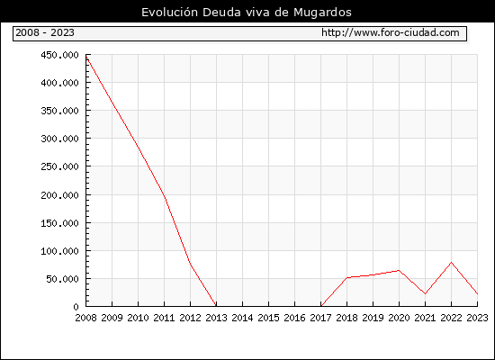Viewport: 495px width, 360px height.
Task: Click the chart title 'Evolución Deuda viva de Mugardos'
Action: click(x=247, y=13)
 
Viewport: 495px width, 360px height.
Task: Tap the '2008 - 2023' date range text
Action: click(x=45, y=32)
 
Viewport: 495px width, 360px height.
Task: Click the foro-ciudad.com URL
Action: click(x=391, y=32)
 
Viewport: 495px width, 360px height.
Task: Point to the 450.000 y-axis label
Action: click(x=59, y=55)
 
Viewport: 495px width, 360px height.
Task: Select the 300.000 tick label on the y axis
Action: click(x=59, y=139)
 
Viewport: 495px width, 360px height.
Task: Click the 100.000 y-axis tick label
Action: click(x=59, y=251)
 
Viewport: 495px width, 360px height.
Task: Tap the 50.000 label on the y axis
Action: click(x=62, y=279)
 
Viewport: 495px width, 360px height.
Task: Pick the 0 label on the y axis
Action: click(x=76, y=307)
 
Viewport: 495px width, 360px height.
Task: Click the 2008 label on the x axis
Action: click(x=85, y=318)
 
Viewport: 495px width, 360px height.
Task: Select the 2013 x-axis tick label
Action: click(x=216, y=318)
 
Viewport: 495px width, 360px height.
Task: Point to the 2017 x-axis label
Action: click(x=320, y=318)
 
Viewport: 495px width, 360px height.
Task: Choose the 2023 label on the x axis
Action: click(x=477, y=318)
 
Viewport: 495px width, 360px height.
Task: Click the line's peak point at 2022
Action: click(x=452, y=263)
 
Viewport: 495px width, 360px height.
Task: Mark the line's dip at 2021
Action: click(x=425, y=293)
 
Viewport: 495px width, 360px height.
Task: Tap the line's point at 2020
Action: click(x=399, y=270)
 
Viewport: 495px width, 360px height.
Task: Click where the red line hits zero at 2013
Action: click(x=216, y=306)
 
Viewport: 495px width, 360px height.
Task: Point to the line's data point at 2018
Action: click(x=346, y=277)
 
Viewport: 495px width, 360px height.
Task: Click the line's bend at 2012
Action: click(x=191, y=263)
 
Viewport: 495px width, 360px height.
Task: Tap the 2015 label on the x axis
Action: click(x=269, y=318)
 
